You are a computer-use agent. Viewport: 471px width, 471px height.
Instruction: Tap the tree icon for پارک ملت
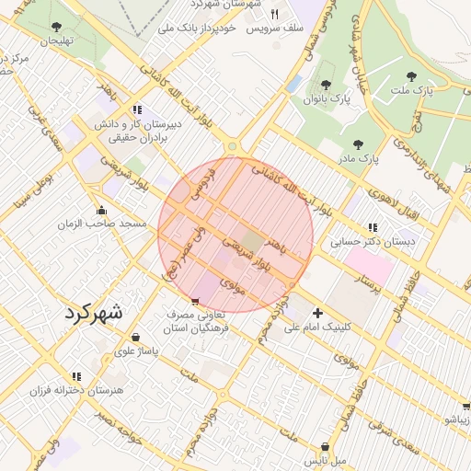(411, 77)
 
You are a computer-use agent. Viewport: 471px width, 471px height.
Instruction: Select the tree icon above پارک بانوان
(325, 85)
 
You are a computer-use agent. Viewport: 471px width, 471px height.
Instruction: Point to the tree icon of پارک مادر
(358, 144)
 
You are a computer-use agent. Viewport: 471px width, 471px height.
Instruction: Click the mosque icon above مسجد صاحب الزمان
(100, 210)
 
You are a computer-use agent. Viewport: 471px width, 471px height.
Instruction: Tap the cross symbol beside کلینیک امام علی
(318, 313)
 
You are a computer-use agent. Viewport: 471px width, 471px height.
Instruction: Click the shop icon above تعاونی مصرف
(194, 302)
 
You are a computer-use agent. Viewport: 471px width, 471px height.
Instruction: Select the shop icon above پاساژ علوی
(136, 337)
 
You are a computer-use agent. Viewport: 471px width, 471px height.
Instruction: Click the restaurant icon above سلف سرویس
(274, 15)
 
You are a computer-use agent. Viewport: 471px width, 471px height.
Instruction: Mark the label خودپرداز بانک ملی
(200, 29)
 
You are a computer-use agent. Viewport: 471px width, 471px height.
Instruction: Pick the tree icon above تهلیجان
(57, 27)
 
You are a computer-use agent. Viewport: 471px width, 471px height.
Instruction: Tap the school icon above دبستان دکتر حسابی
(372, 226)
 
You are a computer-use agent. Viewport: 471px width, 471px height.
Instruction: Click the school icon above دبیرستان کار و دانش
(137, 109)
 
